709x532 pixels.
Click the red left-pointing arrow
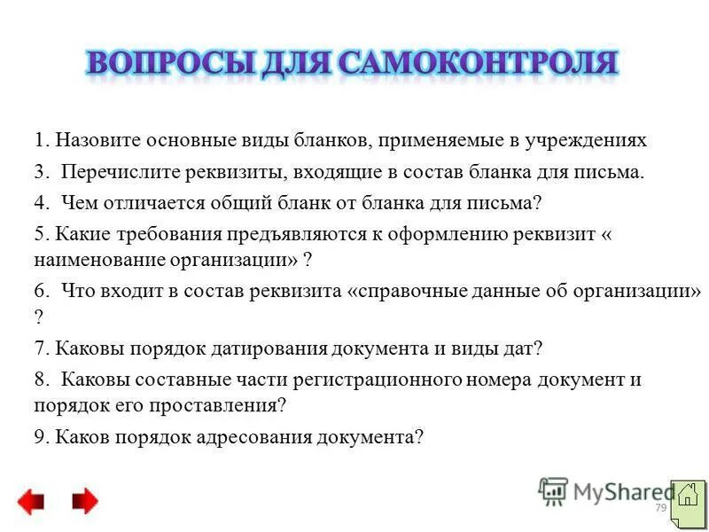coord(30,502)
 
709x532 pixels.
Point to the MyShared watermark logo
coord(603,490)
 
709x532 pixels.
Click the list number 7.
coord(40,348)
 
